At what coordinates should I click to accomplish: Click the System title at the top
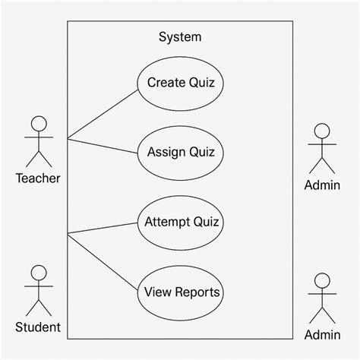(x=180, y=36)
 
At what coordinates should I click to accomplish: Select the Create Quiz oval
(x=180, y=83)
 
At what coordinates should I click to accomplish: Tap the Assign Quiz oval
(x=180, y=152)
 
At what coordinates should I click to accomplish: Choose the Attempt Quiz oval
(x=182, y=223)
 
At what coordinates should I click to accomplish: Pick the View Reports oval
(x=182, y=292)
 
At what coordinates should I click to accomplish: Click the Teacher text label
(x=38, y=178)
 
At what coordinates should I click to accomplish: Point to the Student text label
(x=38, y=328)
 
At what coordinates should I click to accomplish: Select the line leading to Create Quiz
(x=103, y=115)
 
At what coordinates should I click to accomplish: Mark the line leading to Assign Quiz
(x=103, y=145)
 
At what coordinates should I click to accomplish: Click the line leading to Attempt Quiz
(x=103, y=228)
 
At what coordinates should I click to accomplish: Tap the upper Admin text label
(x=322, y=185)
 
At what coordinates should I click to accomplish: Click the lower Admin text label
(x=322, y=335)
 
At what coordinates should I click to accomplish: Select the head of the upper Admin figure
(x=322, y=129)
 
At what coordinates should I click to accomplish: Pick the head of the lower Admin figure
(x=322, y=279)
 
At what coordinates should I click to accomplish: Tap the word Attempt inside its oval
(x=167, y=223)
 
